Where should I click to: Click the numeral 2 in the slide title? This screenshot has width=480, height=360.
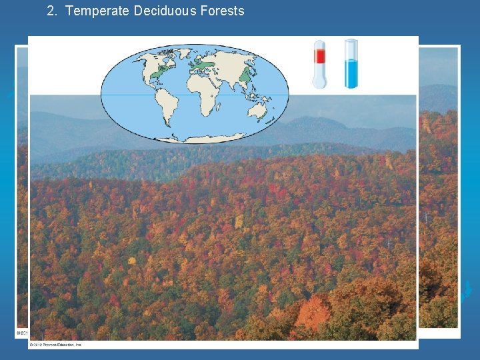tap(51, 11)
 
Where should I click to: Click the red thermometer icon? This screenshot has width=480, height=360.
tap(320, 64)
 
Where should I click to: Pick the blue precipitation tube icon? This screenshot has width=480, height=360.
tap(351, 64)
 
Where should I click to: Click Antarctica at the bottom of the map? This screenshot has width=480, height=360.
tap(193, 138)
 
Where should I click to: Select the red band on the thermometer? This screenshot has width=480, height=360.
tap(320, 56)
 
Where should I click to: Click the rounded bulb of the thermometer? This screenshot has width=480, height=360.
tap(320, 82)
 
